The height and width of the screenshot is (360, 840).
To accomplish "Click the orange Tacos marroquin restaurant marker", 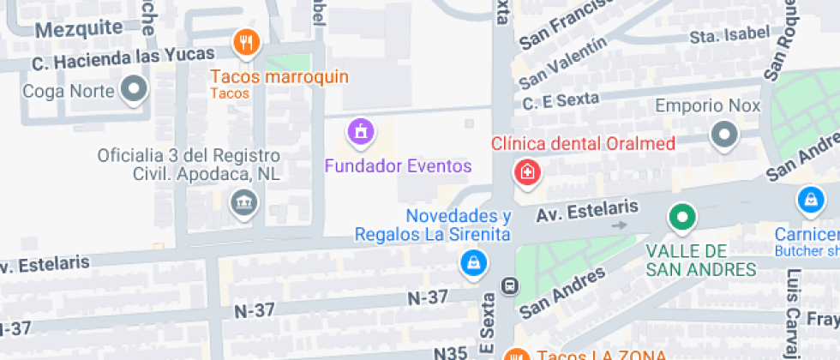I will pos(246,42).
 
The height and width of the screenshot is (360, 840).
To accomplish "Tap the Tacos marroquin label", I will pos(279,77).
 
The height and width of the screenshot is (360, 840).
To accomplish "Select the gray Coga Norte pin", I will pos(134,88).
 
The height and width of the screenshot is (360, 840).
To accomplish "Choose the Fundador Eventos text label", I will pos(398,165).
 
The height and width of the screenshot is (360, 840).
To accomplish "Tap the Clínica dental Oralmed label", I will pos(583,143).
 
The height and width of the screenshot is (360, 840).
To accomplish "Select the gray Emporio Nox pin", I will pos(725,134).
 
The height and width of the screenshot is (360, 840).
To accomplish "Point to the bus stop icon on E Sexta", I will pos(509,285).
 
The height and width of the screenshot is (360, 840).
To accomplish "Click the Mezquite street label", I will pos(79,28).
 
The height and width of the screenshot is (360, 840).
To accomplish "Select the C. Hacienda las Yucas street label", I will pos(123,60).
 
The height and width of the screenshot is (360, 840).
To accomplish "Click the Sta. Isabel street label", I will pos(729,35).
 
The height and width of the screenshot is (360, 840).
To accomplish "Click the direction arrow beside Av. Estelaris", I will pos(620,225).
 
